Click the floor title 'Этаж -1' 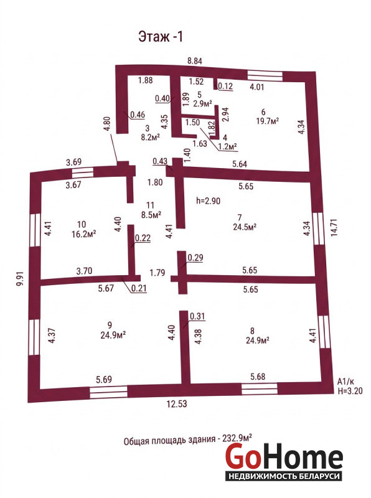coord(161,37)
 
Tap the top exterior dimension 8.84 coord(194,60)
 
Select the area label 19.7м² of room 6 coord(268,121)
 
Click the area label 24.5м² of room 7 coord(245,227)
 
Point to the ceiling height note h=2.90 coord(208,200)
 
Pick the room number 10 coord(82,224)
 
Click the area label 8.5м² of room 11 coord(151,214)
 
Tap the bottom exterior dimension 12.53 coord(177,403)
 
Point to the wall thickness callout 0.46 coord(138,115)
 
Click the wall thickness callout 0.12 coord(225,86)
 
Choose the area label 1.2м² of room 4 coord(228,146)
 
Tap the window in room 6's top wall coord(265,75)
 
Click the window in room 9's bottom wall coord(108,392)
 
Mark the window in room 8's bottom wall coord(259,388)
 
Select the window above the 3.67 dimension coord(83,172)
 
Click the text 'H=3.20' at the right coord(350,391)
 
